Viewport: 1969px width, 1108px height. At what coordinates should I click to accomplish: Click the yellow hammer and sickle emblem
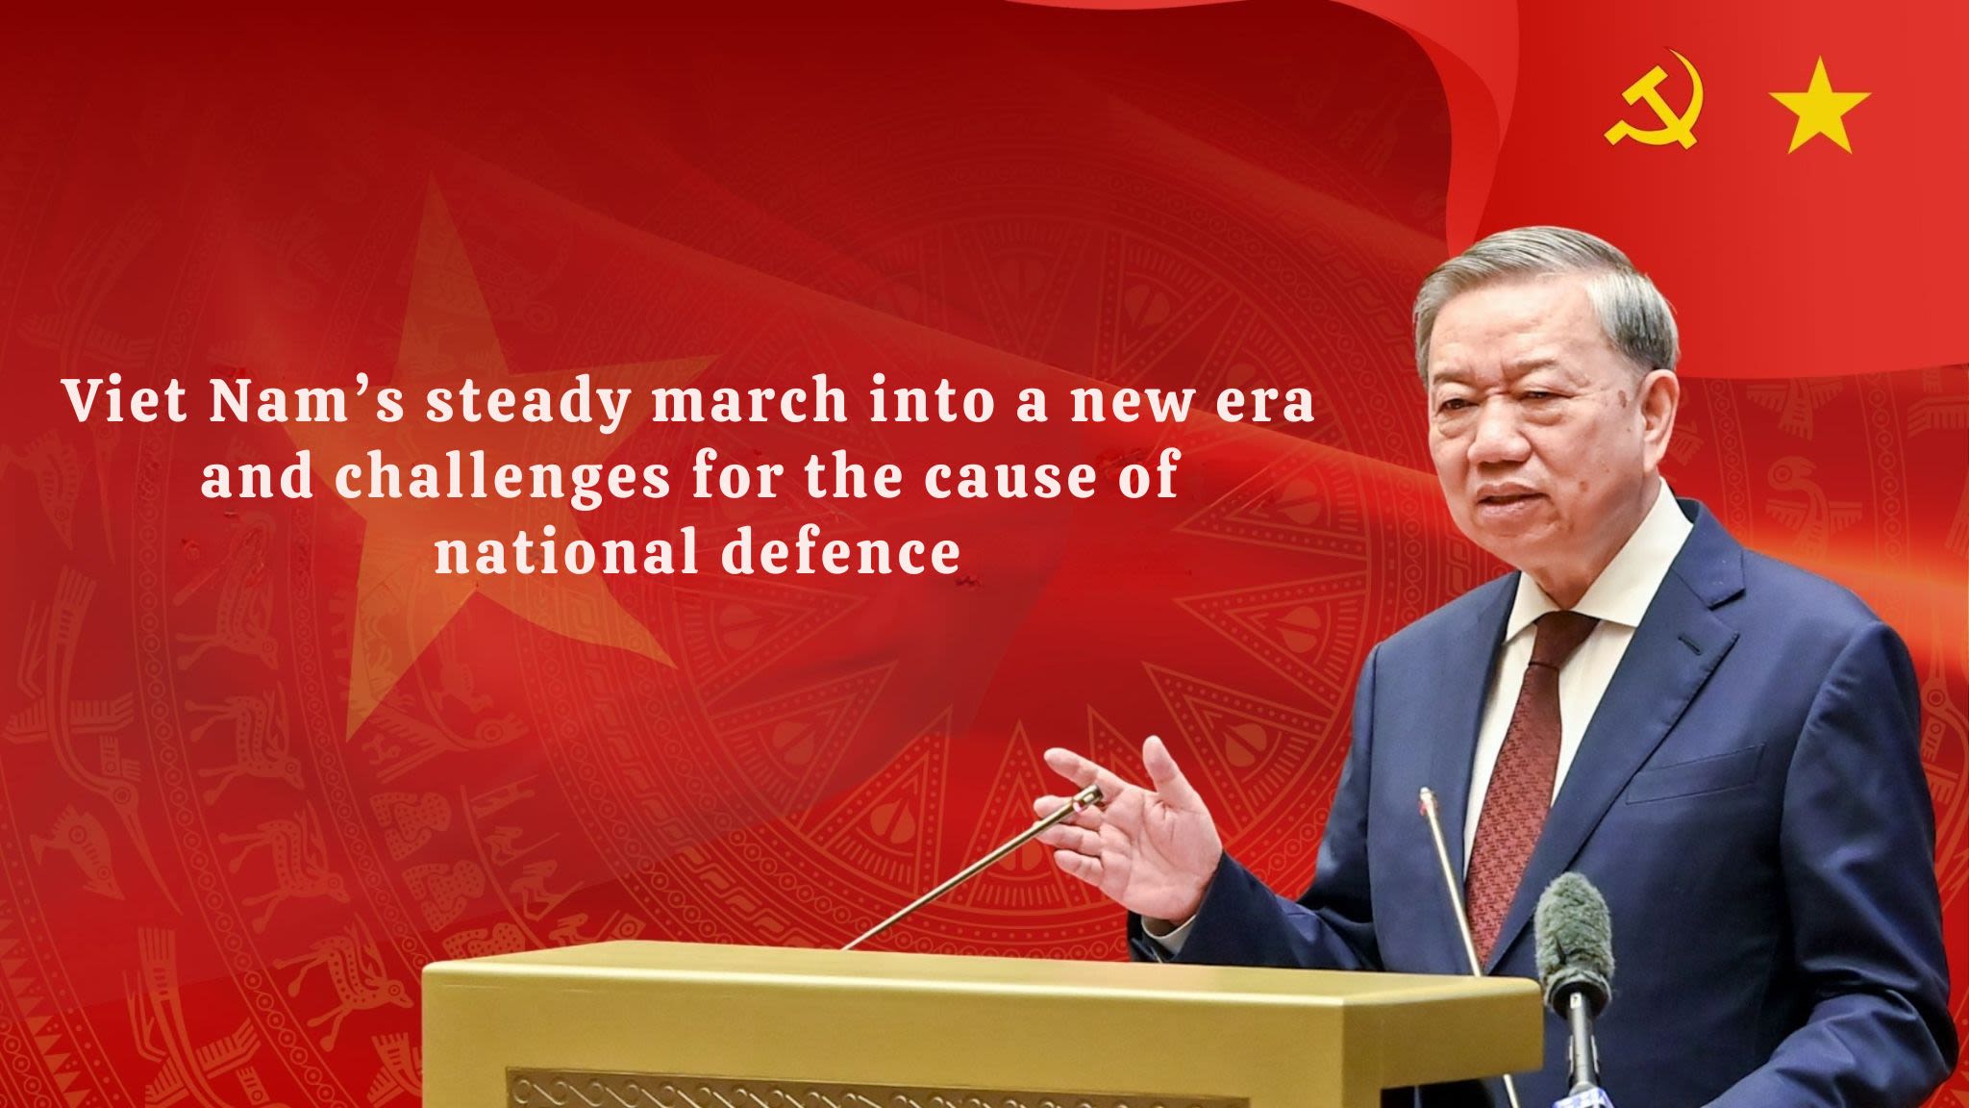(1655, 99)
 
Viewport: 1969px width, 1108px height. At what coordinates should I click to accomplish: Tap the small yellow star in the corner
(1819, 106)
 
